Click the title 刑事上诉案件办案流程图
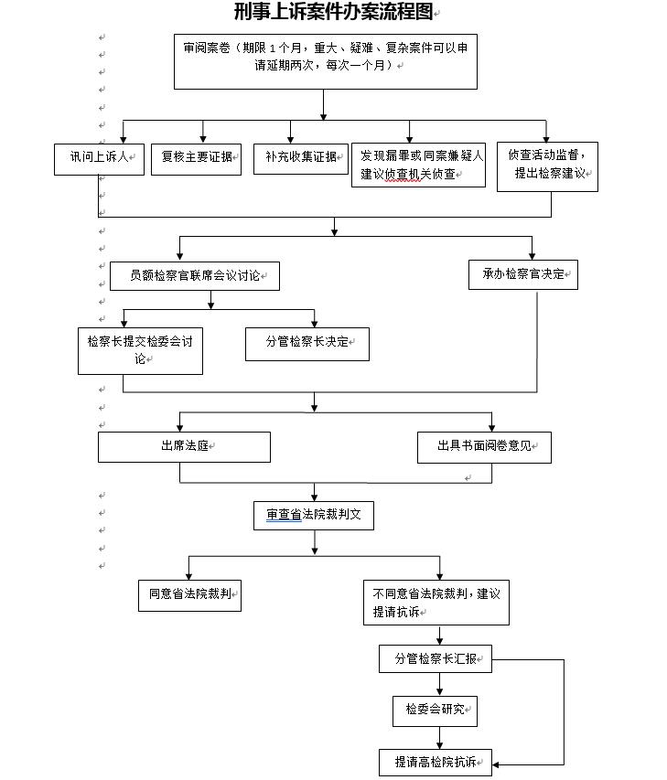click(x=333, y=12)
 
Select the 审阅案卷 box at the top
click(x=325, y=61)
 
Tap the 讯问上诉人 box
click(x=99, y=156)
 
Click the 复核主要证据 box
click(x=197, y=156)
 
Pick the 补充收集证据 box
click(x=301, y=156)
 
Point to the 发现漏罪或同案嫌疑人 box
click(x=418, y=166)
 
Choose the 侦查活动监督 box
click(x=547, y=165)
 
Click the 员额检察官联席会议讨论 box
click(x=194, y=276)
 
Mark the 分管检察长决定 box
click(x=307, y=343)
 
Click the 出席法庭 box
click(x=185, y=447)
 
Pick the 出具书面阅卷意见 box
click(x=482, y=447)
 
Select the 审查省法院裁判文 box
click(x=314, y=516)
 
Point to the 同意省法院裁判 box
click(x=189, y=595)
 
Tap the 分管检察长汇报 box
click(x=435, y=659)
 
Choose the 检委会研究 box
click(x=435, y=710)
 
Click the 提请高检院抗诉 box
click(x=435, y=762)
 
